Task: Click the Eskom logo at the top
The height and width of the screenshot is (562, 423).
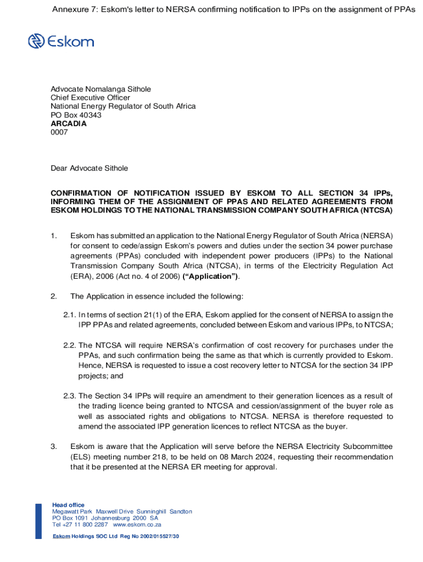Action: click(61, 41)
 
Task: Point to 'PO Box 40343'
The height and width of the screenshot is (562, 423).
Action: click(76, 115)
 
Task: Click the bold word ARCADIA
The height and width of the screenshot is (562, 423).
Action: click(69, 123)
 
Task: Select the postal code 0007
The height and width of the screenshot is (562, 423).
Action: click(59, 132)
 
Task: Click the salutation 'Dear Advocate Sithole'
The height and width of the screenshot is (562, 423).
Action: click(89, 168)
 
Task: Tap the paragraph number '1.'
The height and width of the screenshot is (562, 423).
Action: click(54, 236)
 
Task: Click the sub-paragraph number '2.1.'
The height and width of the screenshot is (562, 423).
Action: click(69, 315)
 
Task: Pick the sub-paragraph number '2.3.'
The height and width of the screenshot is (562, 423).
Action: click(69, 396)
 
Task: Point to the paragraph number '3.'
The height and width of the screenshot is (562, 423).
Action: click(54, 447)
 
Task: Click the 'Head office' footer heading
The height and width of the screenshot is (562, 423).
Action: click(68, 505)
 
